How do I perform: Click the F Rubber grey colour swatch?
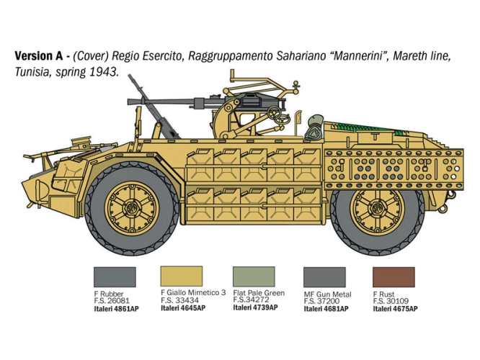pyautogui.click(x=115, y=276)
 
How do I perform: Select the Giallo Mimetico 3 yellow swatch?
pyautogui.click(x=182, y=276)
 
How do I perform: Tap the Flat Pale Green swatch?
pyautogui.click(x=254, y=276)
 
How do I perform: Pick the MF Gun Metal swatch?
pyautogui.click(x=324, y=277)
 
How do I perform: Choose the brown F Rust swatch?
pyautogui.click(x=394, y=277)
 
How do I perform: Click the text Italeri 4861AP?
pyautogui.click(x=116, y=309)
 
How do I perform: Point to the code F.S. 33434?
pyautogui.click(x=179, y=300)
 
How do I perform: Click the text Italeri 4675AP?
pyautogui.click(x=395, y=309)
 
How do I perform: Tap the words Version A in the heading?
pyautogui.click(x=39, y=56)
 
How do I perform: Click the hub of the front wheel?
pyautogui.click(x=132, y=209)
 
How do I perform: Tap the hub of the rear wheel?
pyautogui.click(x=377, y=209)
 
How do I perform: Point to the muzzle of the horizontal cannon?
pyautogui.click(x=130, y=102)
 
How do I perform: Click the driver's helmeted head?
pyautogui.click(x=315, y=121)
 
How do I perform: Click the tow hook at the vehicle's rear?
pyautogui.click(x=443, y=209)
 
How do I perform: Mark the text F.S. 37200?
pyautogui.click(x=321, y=301)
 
